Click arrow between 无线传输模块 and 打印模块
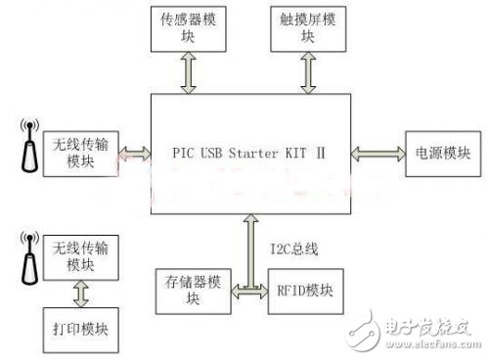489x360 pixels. coord(77,294)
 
